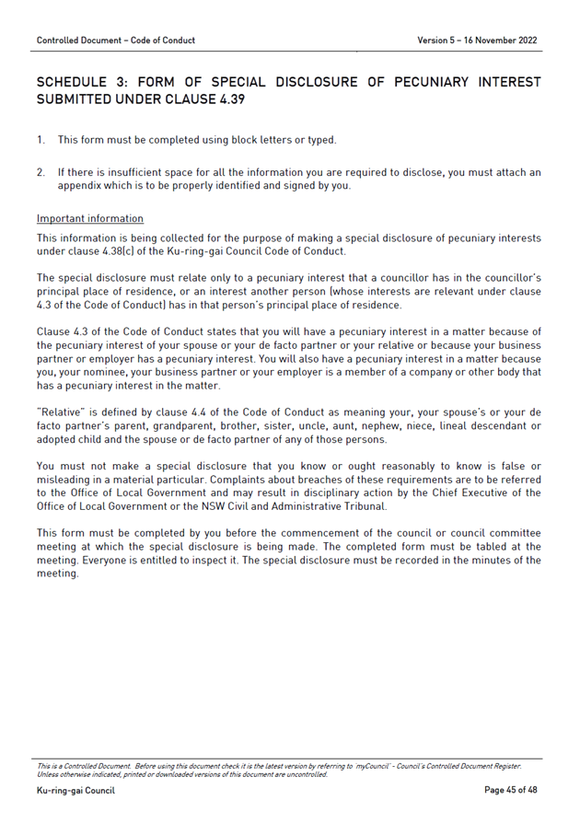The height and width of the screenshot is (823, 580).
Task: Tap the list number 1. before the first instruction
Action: pyautogui.click(x=41, y=140)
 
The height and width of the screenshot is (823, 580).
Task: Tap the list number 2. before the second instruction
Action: pyautogui.click(x=41, y=172)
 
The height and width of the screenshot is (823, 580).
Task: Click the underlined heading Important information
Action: pyautogui.click(x=90, y=219)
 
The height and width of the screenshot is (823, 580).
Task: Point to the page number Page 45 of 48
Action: pyautogui.click(x=510, y=791)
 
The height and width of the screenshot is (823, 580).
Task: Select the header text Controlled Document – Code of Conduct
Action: pyautogui.click(x=116, y=41)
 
